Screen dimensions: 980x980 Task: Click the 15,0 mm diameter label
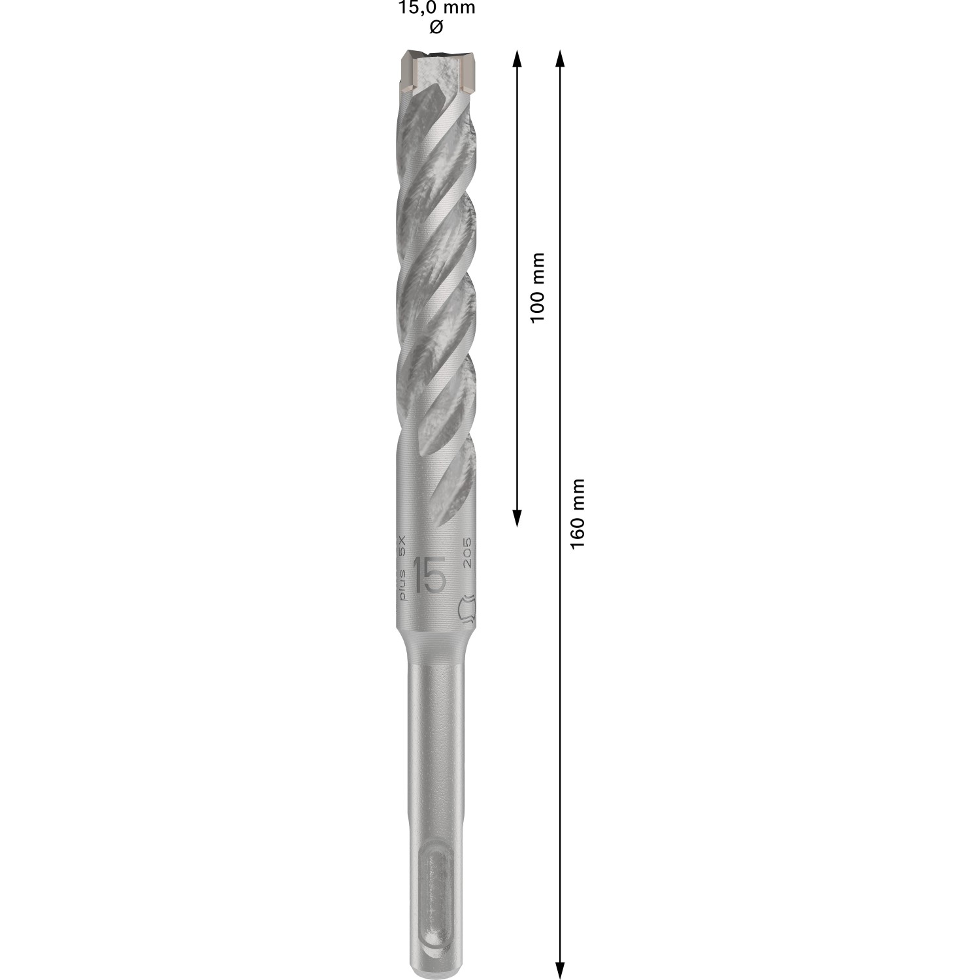437,8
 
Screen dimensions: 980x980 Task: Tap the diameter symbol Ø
437,27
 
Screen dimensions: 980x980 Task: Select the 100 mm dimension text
538,287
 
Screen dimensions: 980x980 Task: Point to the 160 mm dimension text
578,514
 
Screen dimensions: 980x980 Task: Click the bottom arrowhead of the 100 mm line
517,517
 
